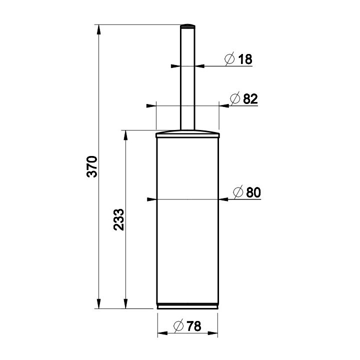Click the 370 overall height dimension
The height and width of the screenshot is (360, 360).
[x=92, y=166]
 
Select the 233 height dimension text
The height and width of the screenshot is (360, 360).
[x=118, y=219]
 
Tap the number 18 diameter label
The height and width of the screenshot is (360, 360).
[x=245, y=59]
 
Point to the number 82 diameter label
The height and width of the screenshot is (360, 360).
[x=250, y=99]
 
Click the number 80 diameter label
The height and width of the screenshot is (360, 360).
[x=253, y=192]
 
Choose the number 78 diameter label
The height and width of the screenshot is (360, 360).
[x=194, y=326]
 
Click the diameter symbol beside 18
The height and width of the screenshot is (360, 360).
[x=229, y=59]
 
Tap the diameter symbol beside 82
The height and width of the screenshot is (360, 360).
[x=235, y=98]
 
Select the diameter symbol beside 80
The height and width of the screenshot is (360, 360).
[x=238, y=192]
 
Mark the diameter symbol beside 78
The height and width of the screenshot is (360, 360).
[x=178, y=325]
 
